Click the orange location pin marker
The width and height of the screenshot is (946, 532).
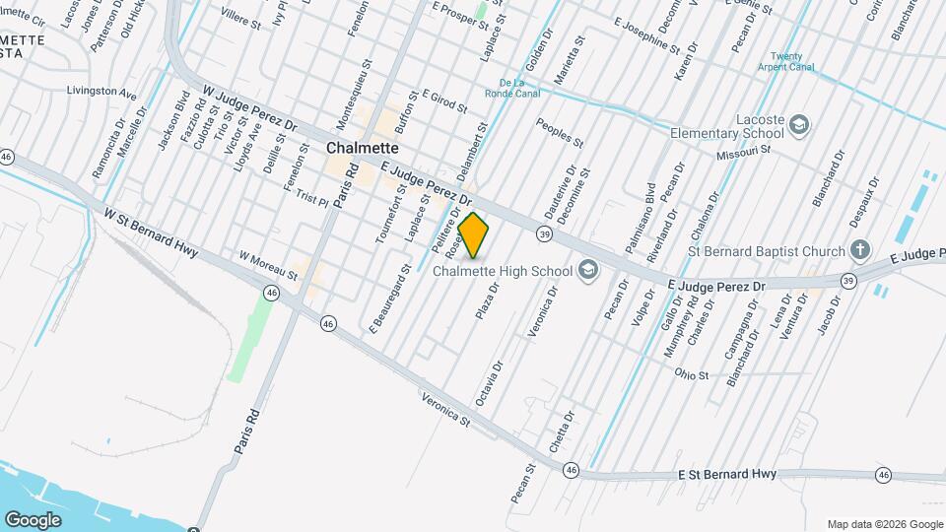click(x=474, y=235)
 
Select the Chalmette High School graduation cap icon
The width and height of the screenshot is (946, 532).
click(x=588, y=270)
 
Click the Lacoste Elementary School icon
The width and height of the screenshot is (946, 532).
click(x=798, y=125)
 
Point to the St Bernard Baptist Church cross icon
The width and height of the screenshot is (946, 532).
click(x=860, y=250)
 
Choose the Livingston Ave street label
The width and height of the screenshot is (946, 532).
click(x=101, y=93)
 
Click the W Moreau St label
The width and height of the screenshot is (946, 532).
click(x=268, y=264)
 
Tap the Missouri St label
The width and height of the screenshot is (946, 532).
click(x=742, y=154)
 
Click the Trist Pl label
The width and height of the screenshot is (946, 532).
click(x=312, y=198)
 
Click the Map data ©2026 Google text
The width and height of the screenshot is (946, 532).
click(x=884, y=524)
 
